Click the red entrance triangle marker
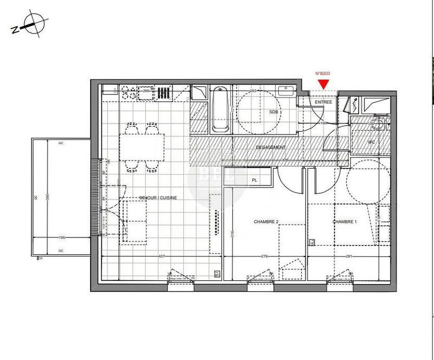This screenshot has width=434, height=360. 323,83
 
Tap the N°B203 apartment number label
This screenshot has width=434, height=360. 323,74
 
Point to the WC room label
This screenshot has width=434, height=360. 372,143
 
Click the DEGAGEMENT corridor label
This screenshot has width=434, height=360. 270,147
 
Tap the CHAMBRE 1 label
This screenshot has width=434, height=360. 344,222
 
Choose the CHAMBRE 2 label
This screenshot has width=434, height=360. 266,222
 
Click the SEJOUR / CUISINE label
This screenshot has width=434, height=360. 158,198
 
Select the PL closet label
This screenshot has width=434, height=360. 253,179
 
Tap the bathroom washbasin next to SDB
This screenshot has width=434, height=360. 286,91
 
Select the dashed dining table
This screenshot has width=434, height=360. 144,145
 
